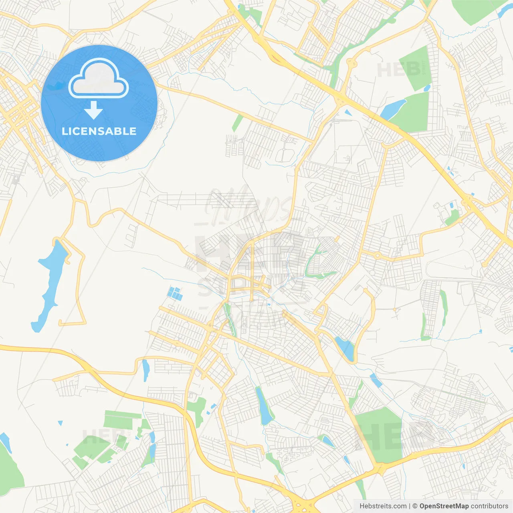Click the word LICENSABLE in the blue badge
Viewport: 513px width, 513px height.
[x=99, y=131]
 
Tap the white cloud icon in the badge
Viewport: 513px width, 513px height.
[x=99, y=79]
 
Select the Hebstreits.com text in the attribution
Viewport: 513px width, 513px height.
[x=383, y=506]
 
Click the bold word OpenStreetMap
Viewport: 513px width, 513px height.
[x=444, y=506]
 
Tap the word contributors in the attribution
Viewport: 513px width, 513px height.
[x=489, y=506]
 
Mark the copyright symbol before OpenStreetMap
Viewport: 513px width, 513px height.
[x=415, y=506]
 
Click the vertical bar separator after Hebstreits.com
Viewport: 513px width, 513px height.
[x=410, y=506]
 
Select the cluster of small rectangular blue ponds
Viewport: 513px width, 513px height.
[x=175, y=293]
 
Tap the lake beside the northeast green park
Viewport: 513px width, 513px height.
[x=392, y=109]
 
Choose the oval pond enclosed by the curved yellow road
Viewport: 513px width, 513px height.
[x=345, y=348]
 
